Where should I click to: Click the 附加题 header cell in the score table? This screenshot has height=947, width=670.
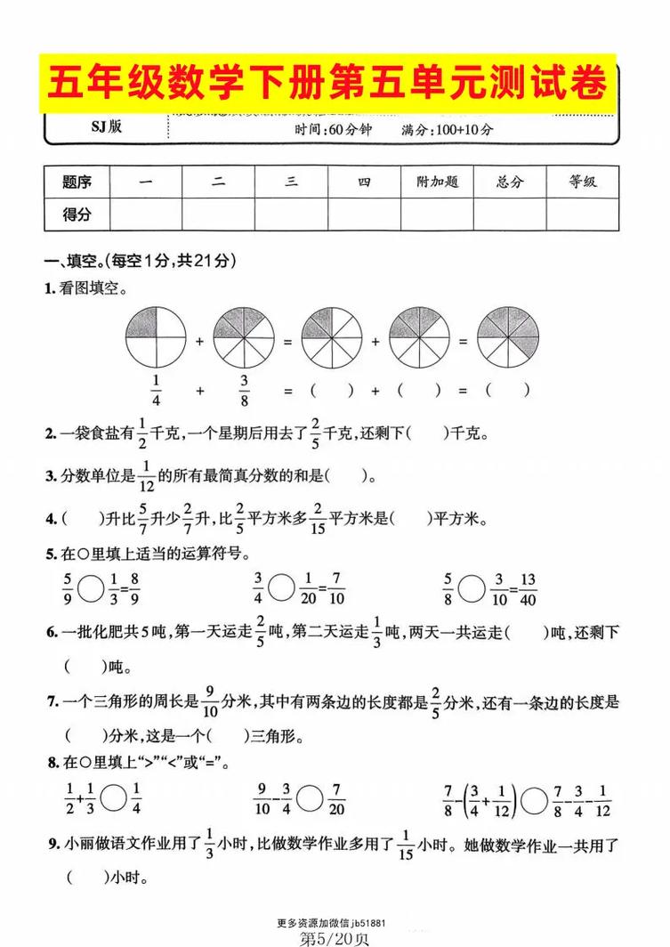(437, 182)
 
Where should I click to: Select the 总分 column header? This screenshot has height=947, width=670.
(510, 182)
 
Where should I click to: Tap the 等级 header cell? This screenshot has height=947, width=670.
(583, 182)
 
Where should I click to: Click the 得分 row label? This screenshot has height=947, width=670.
(77, 214)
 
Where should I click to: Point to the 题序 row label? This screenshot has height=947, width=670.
(77, 182)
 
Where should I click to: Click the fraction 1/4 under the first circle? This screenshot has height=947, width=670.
(156, 389)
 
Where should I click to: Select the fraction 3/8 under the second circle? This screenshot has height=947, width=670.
(243, 389)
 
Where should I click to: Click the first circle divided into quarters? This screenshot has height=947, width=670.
(156, 338)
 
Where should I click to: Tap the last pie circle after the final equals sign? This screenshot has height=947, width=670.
(508, 338)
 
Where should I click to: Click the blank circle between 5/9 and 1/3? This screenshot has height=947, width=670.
(90, 587)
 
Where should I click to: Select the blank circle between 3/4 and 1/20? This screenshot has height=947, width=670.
(281, 587)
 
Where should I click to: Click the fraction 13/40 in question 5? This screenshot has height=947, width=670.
(527, 587)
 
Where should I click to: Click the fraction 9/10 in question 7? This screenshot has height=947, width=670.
(211, 702)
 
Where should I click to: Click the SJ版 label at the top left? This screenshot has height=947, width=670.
(105, 126)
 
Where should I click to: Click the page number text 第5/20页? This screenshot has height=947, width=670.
(335, 936)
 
